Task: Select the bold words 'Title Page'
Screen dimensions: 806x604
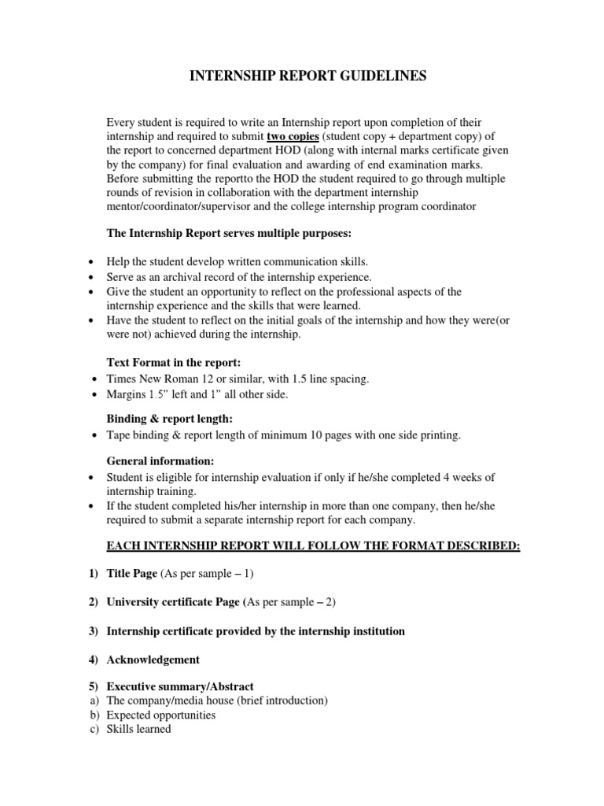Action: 131,574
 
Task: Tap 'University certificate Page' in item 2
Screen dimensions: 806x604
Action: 173,602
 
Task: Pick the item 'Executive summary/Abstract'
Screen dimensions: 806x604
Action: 180,686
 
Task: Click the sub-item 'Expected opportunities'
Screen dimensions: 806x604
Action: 160,715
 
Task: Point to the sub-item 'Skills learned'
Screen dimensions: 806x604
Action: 138,730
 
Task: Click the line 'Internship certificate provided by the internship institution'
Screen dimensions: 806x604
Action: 256,631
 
